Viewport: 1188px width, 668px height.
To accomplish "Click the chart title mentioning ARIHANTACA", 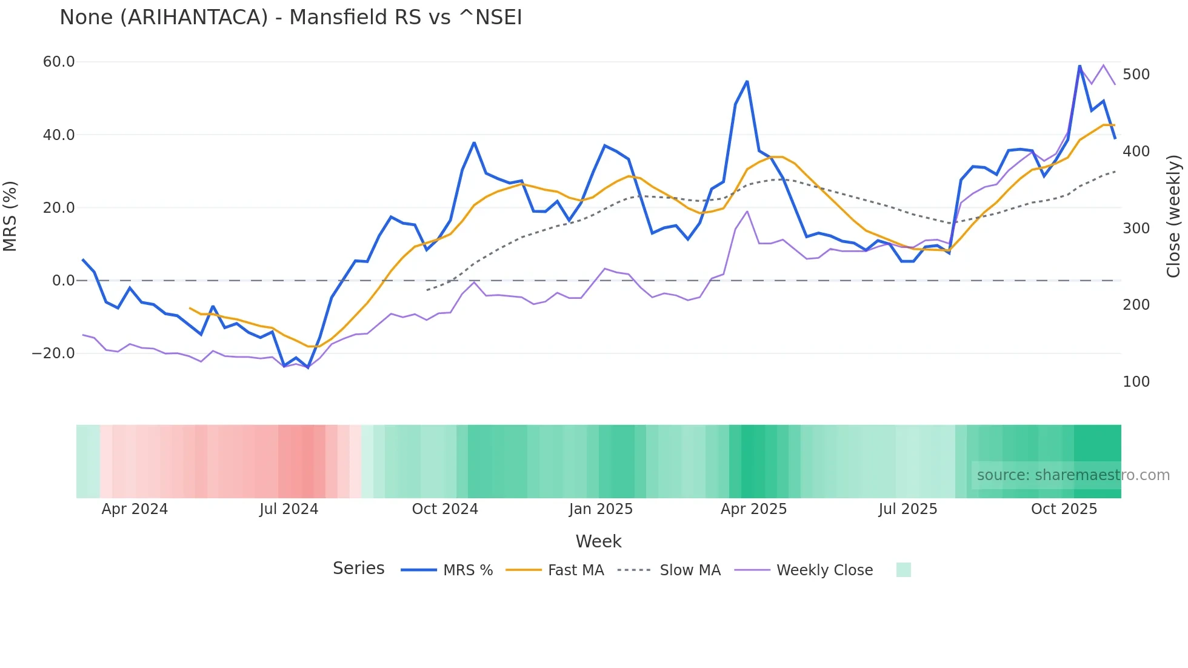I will (290, 17).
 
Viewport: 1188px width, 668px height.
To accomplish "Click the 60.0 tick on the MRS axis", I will (59, 62).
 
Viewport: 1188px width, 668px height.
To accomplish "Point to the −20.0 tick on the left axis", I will (53, 353).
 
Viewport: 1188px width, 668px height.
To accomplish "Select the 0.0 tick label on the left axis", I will (63, 281).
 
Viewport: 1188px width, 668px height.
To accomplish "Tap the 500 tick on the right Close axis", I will (1136, 75).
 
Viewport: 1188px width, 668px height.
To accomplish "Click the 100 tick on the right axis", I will (1136, 382).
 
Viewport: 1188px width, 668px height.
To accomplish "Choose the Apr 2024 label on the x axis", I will (135, 509).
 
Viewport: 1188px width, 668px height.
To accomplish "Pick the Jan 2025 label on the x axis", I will (601, 509).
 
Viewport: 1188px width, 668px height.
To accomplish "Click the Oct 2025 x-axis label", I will (1064, 509).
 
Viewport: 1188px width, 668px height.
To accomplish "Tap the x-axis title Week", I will (598, 541).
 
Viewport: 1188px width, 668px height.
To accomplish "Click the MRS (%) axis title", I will (10, 216).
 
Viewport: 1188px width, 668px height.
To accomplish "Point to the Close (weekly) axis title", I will (1173, 216).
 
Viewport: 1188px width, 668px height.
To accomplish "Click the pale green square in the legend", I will (903, 570).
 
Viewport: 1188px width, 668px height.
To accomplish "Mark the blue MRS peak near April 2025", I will (747, 81).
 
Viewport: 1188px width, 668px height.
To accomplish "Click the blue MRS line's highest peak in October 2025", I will (1080, 65).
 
